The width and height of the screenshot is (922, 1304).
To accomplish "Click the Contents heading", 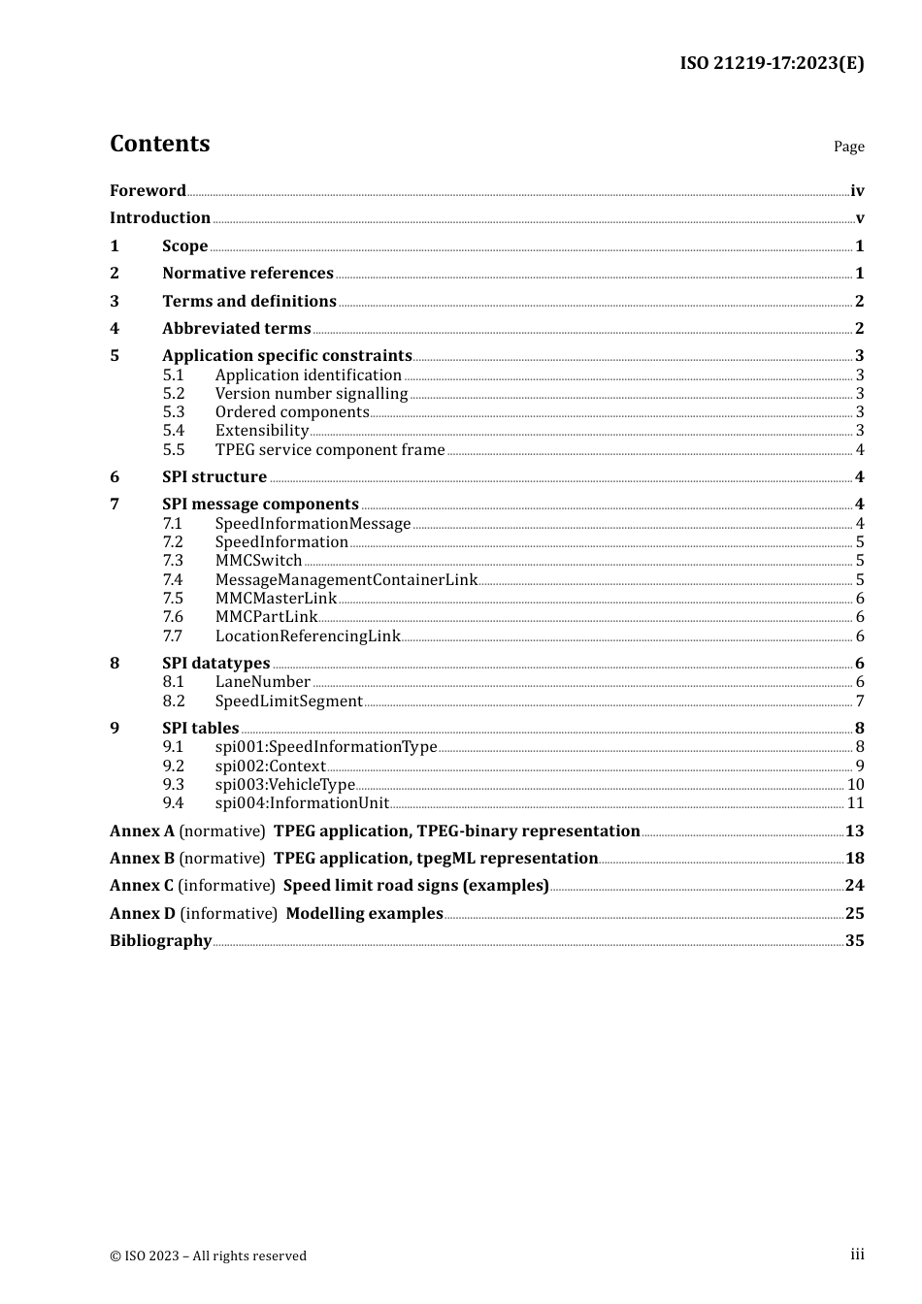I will (159, 144).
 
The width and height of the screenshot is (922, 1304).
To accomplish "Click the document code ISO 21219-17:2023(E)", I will (772, 63).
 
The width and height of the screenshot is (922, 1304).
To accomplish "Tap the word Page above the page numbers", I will (848, 147).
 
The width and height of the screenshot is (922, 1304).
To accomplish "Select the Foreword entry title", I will (148, 191).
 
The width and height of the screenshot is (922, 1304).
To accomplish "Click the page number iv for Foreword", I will (857, 191).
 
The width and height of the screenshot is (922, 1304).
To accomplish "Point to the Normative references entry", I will (247, 274).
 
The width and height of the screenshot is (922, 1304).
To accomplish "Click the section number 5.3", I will (173, 412).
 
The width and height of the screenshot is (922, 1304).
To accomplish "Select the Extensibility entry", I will (261, 431).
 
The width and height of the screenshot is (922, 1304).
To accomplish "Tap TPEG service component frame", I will (329, 450).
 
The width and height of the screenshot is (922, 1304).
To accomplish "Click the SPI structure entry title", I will (214, 477).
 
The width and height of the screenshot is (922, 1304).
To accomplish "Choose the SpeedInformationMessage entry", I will (313, 524).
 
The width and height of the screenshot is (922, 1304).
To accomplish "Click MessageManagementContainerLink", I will (346, 580).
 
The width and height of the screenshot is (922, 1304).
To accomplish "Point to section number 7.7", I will (172, 636).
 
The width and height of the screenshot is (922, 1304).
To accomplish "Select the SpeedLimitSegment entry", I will (288, 701).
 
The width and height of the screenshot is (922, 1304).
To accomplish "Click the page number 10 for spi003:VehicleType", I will (855, 785).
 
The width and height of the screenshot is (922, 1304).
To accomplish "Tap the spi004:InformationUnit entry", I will (301, 803).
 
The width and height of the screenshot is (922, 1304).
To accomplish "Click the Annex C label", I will (142, 886).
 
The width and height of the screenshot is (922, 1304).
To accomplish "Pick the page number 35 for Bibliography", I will (854, 941).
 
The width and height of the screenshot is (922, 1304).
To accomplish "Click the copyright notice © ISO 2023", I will (208, 1256).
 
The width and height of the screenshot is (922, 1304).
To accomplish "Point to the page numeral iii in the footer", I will (857, 1255).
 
